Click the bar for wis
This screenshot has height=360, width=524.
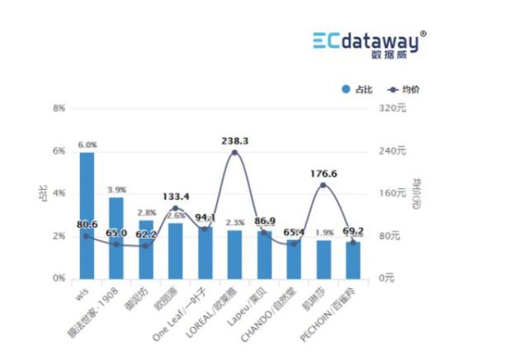pos(87,216)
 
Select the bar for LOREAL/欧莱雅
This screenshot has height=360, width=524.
pos(234,254)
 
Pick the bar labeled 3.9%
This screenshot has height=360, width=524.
pos(116,238)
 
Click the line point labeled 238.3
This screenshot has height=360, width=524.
pos(234,153)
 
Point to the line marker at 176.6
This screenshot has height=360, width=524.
pos(323,185)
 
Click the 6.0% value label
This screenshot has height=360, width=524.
pos(87,144)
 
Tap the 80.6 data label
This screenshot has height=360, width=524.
pos(87,224)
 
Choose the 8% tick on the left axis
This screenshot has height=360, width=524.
pos(59,108)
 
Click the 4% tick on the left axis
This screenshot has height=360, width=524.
pos(59,193)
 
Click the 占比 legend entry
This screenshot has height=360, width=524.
pos(356,88)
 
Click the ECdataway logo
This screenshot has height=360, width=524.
pos(370,40)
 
